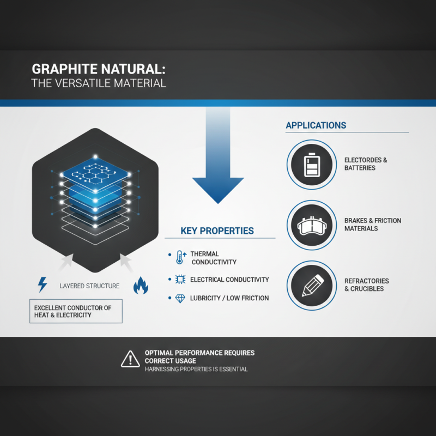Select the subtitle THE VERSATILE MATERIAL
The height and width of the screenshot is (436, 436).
point(99,84)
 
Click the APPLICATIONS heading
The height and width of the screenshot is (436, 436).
point(316,125)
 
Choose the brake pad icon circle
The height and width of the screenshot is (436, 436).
point(311,225)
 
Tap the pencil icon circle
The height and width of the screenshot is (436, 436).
point(311,285)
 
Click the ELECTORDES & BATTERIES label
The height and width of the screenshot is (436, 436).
point(366,164)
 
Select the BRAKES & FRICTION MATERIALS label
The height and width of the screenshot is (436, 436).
point(373,225)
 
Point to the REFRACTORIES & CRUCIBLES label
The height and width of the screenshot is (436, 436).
point(367,285)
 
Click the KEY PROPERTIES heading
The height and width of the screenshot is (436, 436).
point(217,231)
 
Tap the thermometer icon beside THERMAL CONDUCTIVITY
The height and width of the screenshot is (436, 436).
point(181,258)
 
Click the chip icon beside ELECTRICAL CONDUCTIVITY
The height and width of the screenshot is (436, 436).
point(180,280)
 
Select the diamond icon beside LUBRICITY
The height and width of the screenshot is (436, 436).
point(180,298)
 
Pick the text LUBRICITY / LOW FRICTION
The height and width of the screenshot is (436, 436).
point(229,298)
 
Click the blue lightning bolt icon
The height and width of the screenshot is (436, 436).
point(42,284)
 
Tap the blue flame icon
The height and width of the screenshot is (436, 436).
point(141,285)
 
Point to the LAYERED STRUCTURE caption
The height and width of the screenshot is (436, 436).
point(89,286)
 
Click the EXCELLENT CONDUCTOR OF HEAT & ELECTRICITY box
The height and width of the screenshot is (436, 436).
point(75,312)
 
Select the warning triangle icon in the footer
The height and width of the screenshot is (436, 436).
point(130,359)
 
